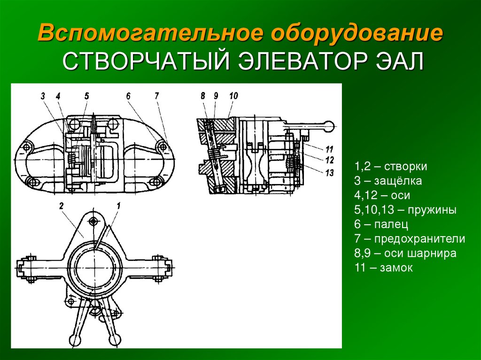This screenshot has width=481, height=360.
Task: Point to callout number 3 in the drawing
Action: (43, 96)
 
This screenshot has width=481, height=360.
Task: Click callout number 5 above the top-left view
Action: (87, 96)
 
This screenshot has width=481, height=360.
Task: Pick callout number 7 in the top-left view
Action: (157, 96)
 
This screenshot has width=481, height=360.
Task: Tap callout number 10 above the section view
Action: (233, 96)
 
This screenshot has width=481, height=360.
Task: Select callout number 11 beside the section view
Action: (329, 149)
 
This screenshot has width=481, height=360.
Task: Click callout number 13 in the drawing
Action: (329, 173)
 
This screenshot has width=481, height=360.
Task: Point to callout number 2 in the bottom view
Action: (62, 206)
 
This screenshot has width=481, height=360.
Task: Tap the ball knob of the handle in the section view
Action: (330, 126)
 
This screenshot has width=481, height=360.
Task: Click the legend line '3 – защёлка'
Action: (388, 181)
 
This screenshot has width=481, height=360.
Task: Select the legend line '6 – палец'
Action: (381, 224)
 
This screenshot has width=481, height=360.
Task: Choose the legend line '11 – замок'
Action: (384, 268)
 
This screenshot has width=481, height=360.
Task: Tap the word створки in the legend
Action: (405, 167)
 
